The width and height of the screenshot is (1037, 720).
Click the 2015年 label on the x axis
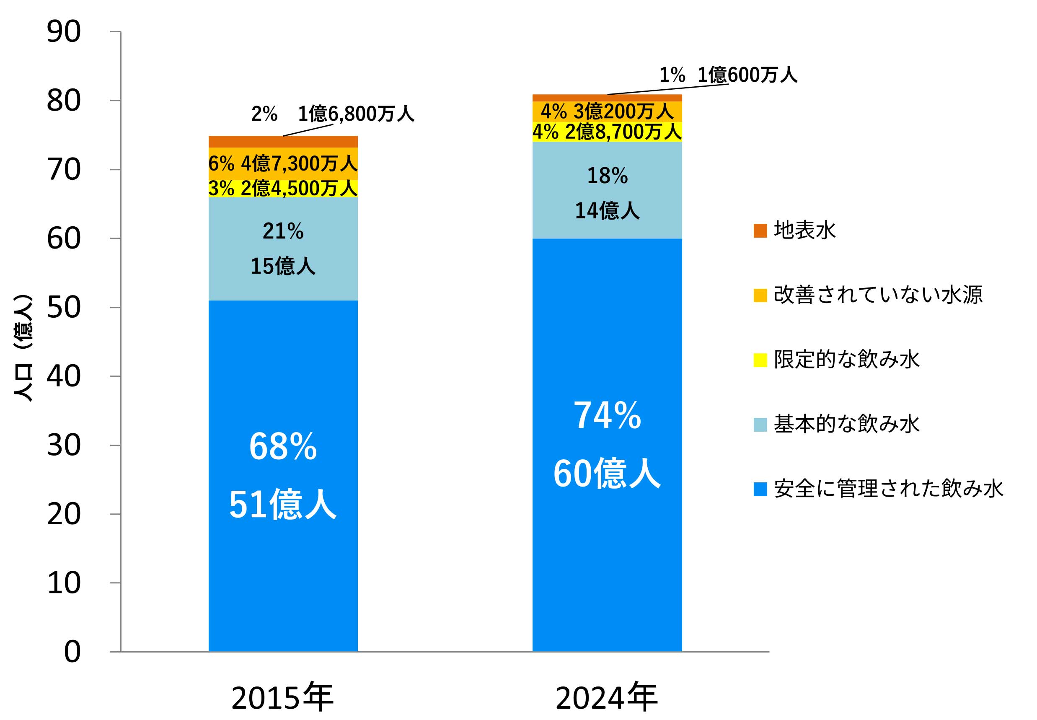(x=282, y=697)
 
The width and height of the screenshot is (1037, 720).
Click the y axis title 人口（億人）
(x=23, y=347)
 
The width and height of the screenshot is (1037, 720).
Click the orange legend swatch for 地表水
(x=760, y=231)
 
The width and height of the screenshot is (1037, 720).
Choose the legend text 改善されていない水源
(x=878, y=295)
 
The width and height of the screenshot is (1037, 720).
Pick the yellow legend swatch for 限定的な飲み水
(x=760, y=360)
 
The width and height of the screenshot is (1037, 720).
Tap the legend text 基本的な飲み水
(x=846, y=424)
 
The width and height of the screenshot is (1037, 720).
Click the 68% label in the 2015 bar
(x=283, y=447)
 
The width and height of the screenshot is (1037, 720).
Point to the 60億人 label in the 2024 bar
(x=607, y=474)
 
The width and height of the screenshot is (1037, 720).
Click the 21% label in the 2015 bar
(x=283, y=231)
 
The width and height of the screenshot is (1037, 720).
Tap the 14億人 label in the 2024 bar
(x=607, y=211)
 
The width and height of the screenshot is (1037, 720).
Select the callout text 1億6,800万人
(x=356, y=114)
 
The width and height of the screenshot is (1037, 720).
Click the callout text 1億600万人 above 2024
(x=747, y=75)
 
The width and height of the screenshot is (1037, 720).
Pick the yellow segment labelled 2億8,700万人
(x=607, y=132)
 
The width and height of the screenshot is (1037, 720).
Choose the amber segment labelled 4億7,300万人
(x=283, y=163)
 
